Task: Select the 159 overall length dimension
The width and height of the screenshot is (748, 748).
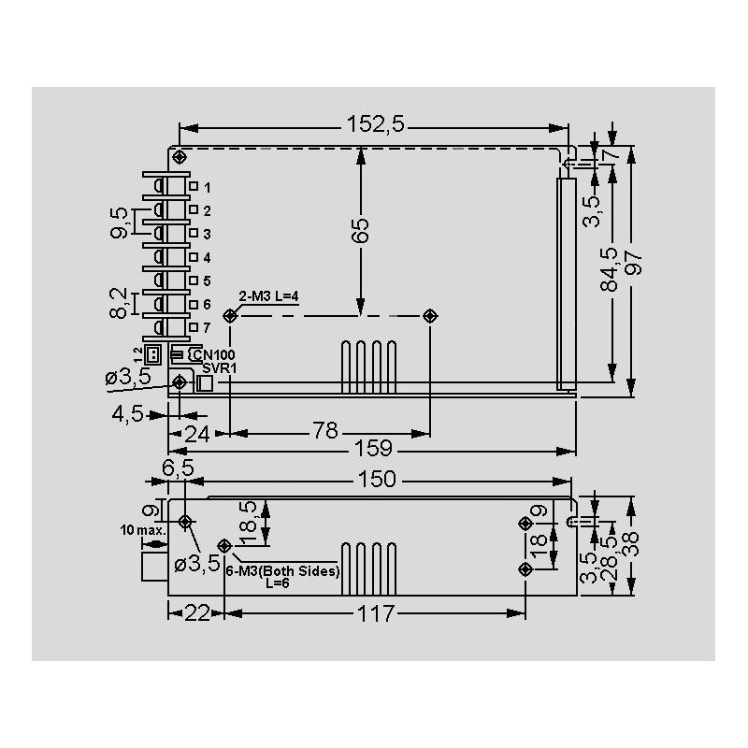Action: [x=373, y=451]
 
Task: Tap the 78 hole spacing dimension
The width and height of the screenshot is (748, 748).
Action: [x=325, y=432]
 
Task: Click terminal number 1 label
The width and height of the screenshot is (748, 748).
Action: [x=207, y=188]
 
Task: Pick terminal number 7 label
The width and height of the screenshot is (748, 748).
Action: [x=207, y=328]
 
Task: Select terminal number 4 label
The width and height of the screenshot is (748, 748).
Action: [x=207, y=258]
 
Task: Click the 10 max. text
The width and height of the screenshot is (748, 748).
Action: [x=142, y=529]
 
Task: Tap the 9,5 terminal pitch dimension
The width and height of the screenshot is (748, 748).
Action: [x=119, y=221]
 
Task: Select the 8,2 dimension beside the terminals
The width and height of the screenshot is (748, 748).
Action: [x=119, y=303]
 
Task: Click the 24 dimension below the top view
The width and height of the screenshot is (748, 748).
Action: [x=196, y=432]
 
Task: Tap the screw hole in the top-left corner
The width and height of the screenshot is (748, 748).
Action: [x=180, y=155]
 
